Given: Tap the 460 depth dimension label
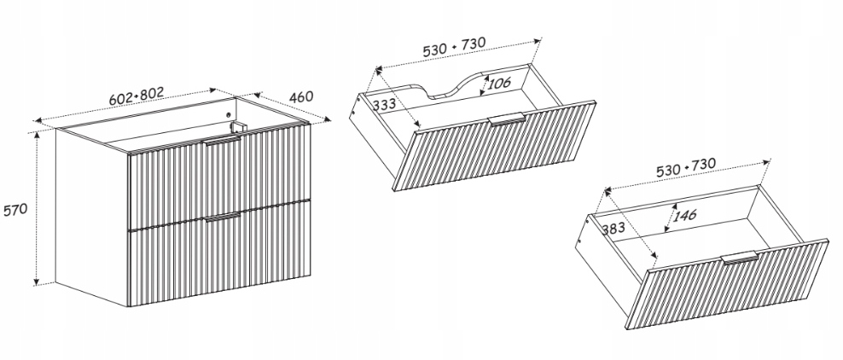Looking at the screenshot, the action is pyautogui.click(x=301, y=97).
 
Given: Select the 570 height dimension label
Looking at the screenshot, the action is pyautogui.click(x=15, y=210).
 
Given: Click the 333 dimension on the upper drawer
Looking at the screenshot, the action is pyautogui.click(x=384, y=104).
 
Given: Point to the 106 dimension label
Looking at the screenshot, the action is pyautogui.click(x=499, y=84).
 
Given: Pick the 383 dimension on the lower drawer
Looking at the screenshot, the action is pyautogui.click(x=613, y=229).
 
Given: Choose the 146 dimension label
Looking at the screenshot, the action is pyautogui.click(x=684, y=216).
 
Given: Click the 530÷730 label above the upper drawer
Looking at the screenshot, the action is pyautogui.click(x=454, y=47).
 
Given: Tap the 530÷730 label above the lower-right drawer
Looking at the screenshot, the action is pyautogui.click(x=685, y=168).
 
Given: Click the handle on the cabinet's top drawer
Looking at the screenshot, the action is pyautogui.click(x=223, y=141).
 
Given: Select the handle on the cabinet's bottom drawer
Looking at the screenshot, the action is pyautogui.click(x=223, y=218).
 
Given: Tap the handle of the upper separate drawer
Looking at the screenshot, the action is pyautogui.click(x=506, y=119).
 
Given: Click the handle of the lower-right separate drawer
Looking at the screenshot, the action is pyautogui.click(x=740, y=258).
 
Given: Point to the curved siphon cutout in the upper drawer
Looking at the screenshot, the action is pyautogui.click(x=458, y=85).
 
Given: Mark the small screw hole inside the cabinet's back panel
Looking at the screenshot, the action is pyautogui.click(x=228, y=114).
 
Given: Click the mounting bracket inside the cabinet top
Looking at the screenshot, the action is pyautogui.click(x=238, y=127).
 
